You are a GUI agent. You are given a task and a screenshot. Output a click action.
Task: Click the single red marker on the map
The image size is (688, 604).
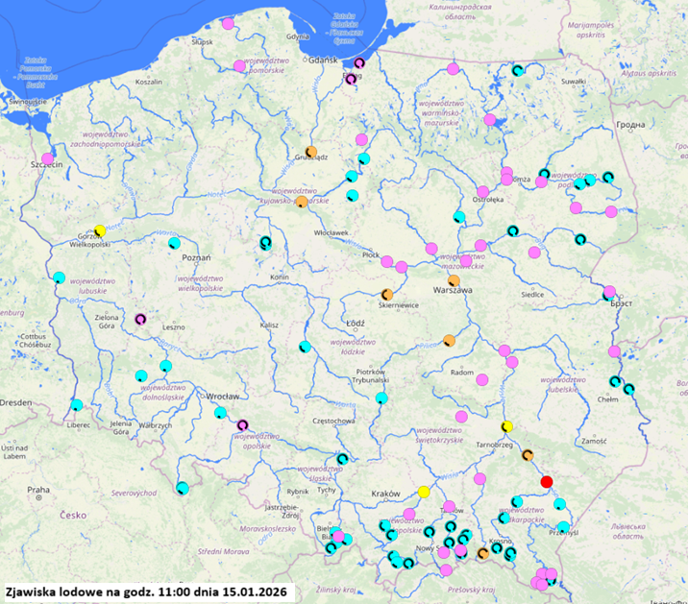pos(547,481)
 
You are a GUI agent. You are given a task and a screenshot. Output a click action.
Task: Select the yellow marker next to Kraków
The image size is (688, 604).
pos(424,492)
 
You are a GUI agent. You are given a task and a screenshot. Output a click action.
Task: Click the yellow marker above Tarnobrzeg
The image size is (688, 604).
pos(507,426)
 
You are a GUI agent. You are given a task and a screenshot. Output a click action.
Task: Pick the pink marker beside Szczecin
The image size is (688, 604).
pos(48,157)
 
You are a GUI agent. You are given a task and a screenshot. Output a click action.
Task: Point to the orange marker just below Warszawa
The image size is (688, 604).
pos(454,280)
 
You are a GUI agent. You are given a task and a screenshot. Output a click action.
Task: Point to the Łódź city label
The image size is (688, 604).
pos(355,323)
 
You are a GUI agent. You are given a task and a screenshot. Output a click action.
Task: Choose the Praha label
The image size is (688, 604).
pos(38,490)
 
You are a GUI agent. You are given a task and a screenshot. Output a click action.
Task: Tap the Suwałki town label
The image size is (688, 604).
pos(573,82)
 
